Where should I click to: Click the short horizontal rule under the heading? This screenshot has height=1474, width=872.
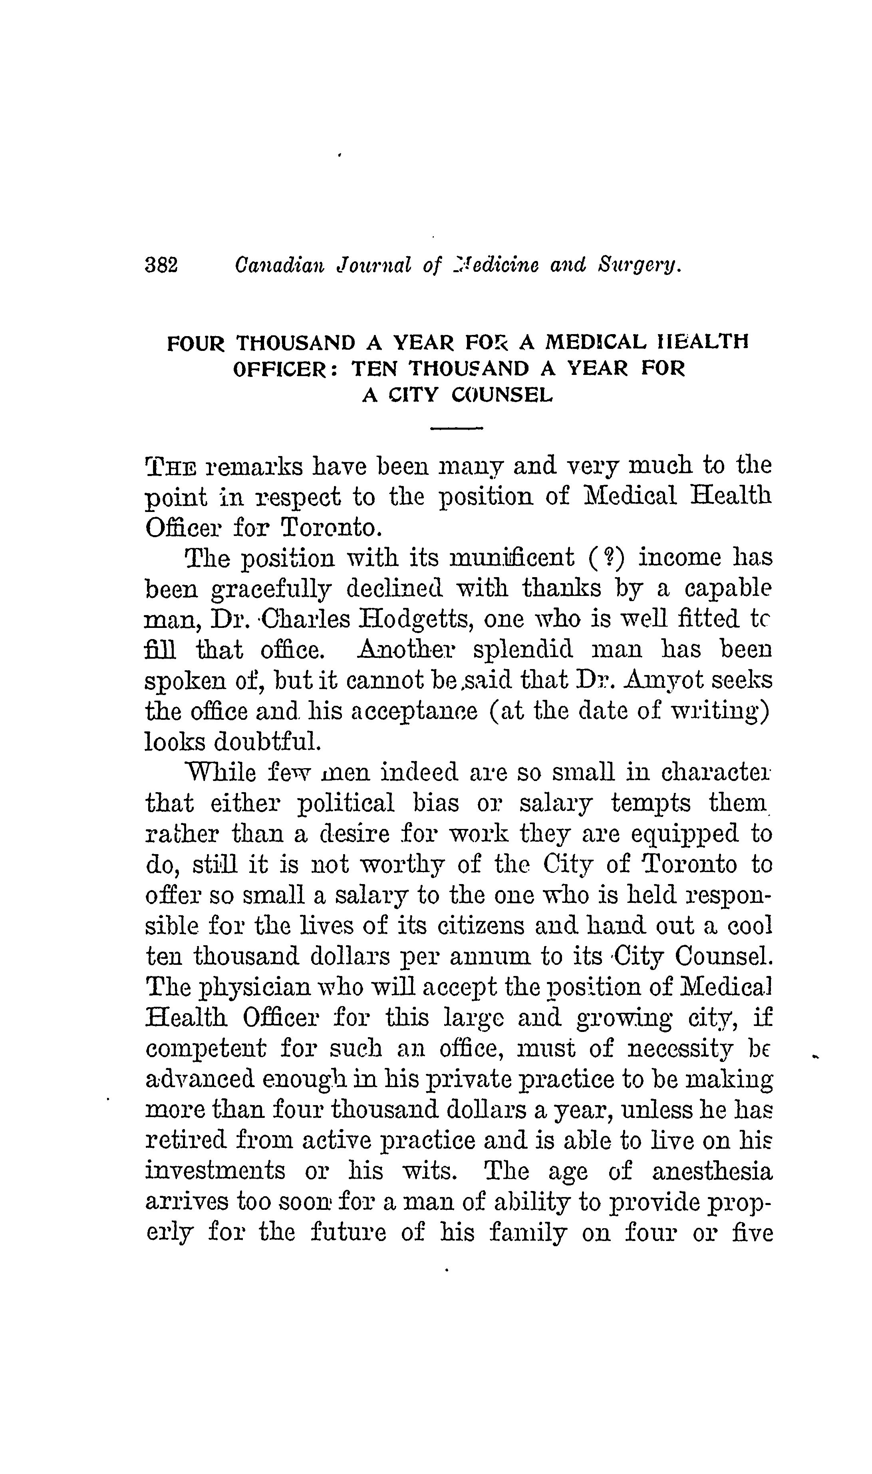tap(456, 428)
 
